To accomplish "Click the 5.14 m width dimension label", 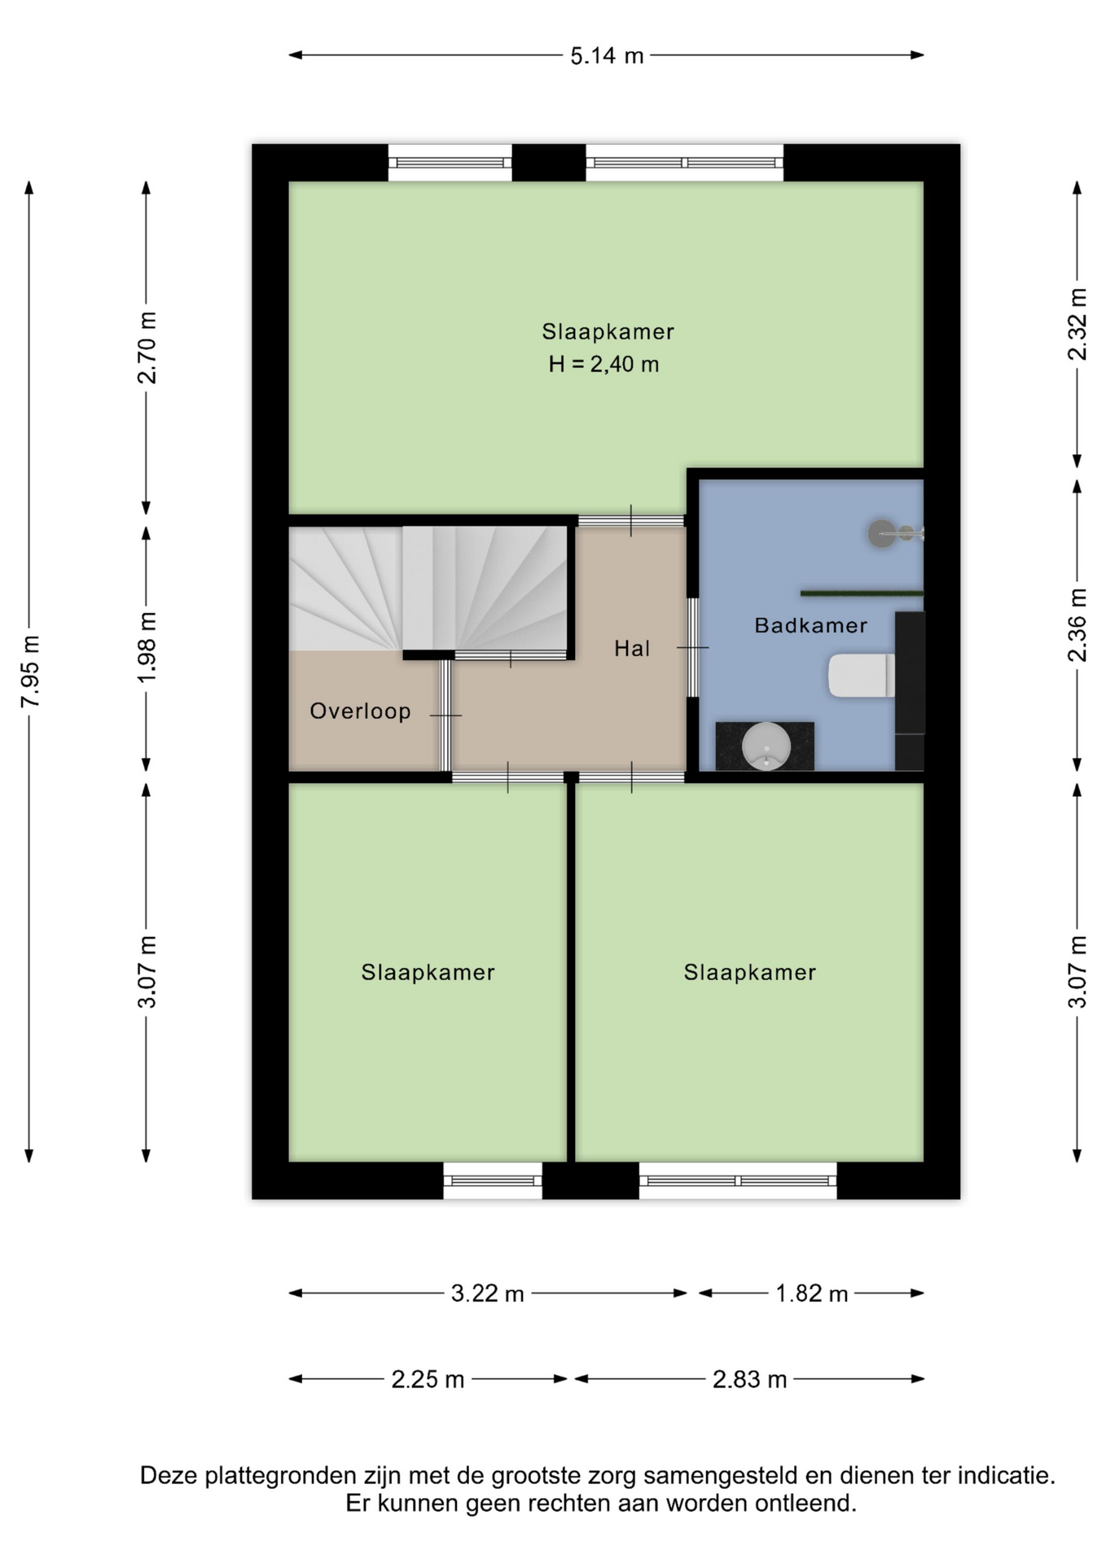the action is click(607, 55).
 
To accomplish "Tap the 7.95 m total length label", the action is click(30, 672).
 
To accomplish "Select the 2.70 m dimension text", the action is click(147, 348).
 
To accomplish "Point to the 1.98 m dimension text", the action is click(147, 648).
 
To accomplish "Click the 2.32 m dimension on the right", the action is click(1077, 324).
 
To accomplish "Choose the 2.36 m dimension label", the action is click(1077, 624).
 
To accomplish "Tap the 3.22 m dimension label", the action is click(488, 1294).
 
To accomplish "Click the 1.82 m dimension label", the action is click(812, 1294).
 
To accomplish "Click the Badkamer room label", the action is click(810, 625).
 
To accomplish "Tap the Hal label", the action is click(632, 648).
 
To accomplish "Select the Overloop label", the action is click(360, 711).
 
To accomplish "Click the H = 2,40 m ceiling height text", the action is click(603, 364).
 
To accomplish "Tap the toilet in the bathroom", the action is click(861, 675).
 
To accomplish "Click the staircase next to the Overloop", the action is click(428, 589).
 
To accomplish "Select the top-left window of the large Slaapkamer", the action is click(450, 163).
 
